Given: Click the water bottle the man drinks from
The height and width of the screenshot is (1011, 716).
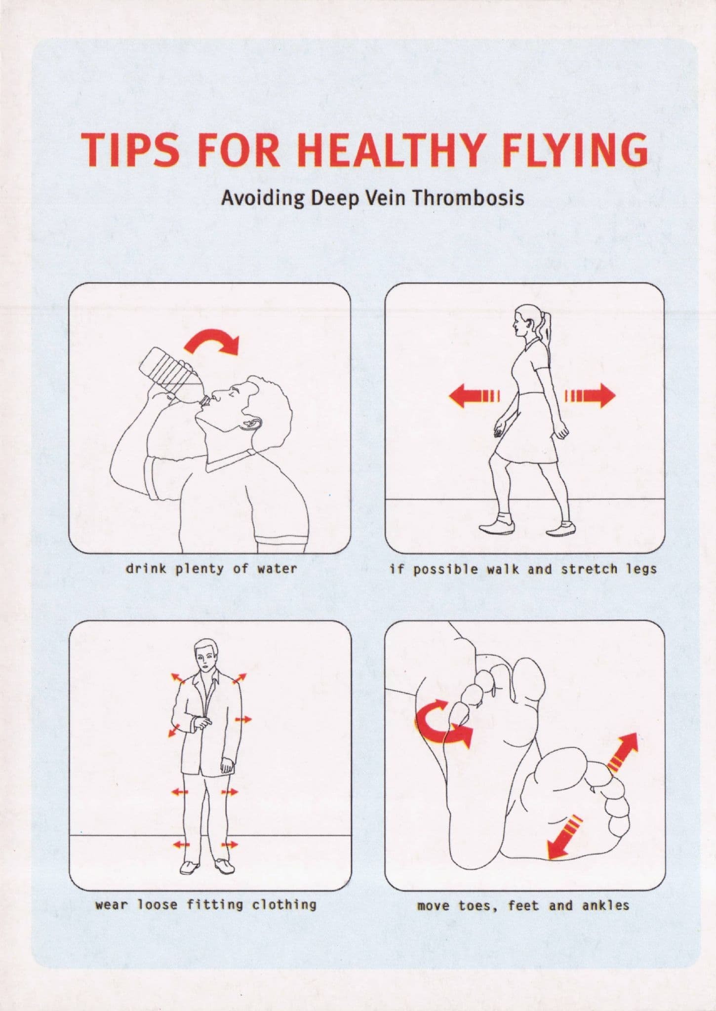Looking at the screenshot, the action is click(x=173, y=375).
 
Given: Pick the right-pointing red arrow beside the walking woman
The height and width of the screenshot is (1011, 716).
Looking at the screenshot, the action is click(x=591, y=395).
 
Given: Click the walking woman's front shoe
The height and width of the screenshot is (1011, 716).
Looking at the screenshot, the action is click(x=496, y=526).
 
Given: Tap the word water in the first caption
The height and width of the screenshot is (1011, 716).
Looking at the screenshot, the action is click(x=277, y=569).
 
